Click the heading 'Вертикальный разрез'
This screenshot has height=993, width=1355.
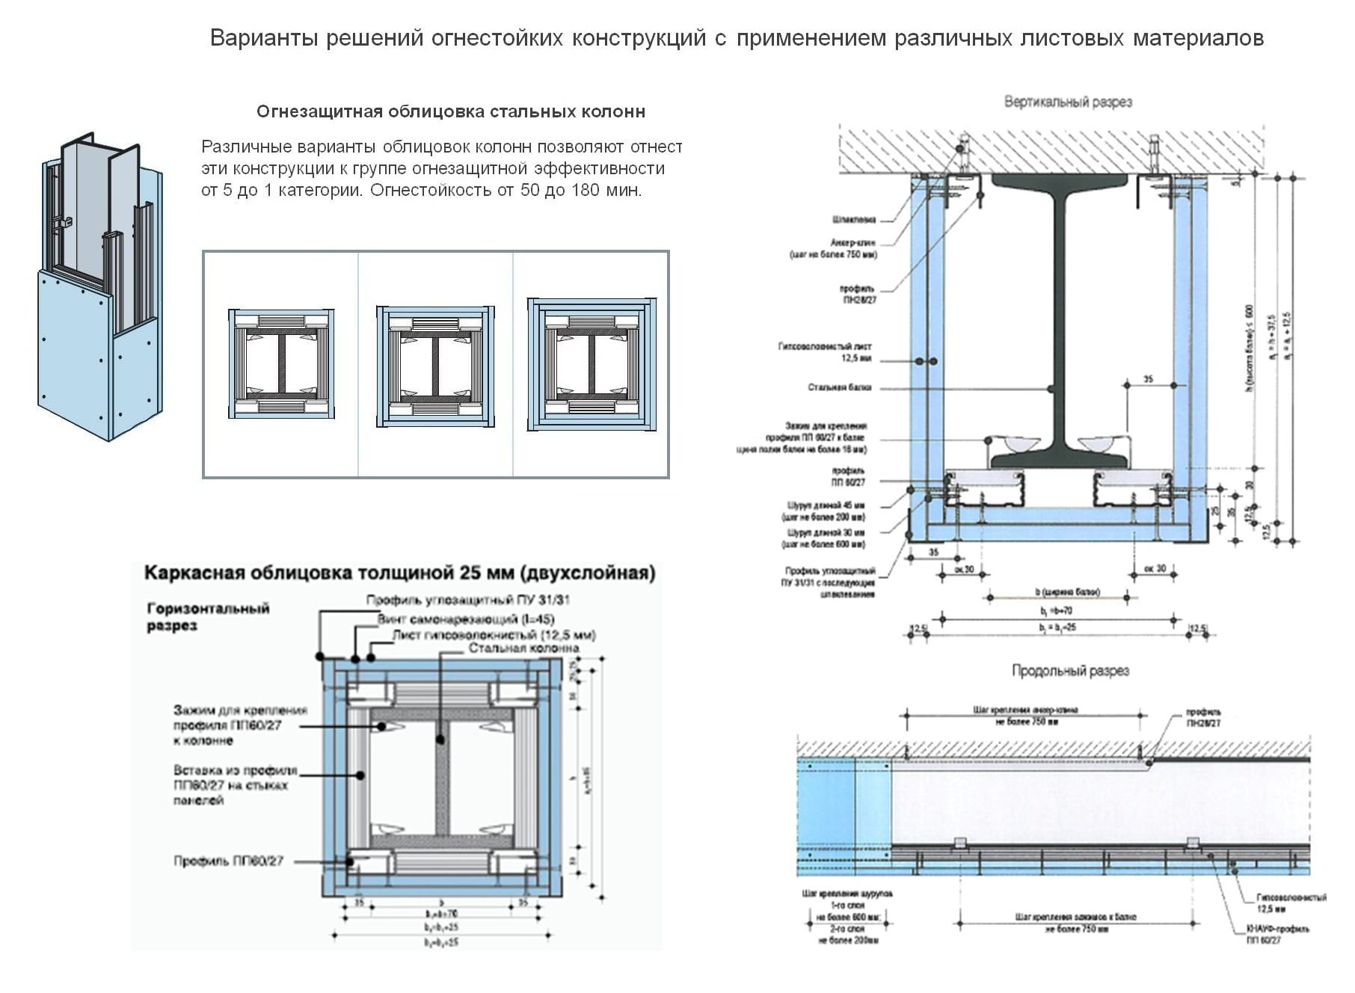(x=1067, y=102)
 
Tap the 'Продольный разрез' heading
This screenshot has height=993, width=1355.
(x=1070, y=671)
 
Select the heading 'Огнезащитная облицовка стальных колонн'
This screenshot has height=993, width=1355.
(x=450, y=112)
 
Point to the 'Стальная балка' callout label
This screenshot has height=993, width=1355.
(x=839, y=387)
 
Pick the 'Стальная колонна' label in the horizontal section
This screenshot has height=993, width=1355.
(x=523, y=648)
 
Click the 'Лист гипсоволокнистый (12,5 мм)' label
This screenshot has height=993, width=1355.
(x=494, y=635)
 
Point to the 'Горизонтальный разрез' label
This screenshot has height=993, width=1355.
(x=208, y=617)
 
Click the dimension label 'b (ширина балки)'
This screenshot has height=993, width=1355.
(x=1067, y=592)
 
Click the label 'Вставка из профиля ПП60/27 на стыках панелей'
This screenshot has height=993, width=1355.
(x=235, y=785)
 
